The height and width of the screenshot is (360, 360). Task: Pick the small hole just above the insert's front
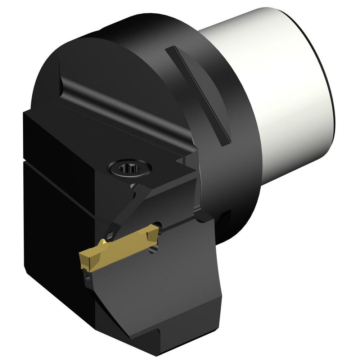point(110,235)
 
